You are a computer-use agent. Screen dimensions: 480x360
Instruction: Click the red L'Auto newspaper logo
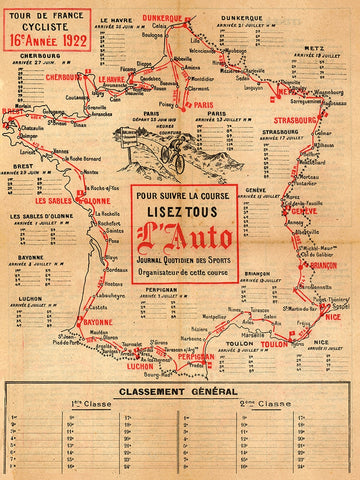point(184,237)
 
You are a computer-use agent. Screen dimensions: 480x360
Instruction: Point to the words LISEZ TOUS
point(184,208)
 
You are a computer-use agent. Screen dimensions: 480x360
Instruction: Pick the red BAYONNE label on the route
point(96,322)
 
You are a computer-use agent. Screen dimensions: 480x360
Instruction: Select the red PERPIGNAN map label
point(195,357)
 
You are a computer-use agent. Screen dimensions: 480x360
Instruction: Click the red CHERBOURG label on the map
point(64,75)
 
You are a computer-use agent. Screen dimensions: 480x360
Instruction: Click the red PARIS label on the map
point(206,105)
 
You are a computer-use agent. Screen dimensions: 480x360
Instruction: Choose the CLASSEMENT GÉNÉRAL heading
point(179,391)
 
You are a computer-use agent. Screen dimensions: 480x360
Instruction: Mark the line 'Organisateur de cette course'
point(184,272)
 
